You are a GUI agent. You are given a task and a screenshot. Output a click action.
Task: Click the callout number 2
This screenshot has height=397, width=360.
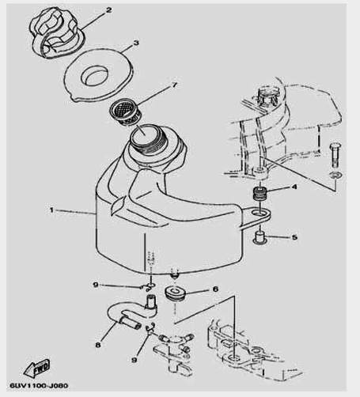click(109, 10)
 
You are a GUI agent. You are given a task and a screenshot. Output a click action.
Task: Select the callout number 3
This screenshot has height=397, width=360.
click(136, 43)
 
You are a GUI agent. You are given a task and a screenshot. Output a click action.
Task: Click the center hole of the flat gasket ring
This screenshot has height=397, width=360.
click(95, 74)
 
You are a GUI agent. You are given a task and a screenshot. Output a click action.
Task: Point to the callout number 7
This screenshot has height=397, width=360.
click(175, 85)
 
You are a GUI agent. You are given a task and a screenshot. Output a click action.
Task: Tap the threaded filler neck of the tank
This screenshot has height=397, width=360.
click(149, 139)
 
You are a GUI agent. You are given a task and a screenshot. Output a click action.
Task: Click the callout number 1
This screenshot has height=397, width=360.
click(52, 210)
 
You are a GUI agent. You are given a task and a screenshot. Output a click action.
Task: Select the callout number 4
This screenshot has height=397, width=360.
click(294, 187)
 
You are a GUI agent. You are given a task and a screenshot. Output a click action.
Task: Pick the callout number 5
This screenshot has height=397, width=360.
click(294, 237)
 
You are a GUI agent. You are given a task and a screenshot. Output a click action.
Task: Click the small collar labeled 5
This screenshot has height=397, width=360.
click(260, 237)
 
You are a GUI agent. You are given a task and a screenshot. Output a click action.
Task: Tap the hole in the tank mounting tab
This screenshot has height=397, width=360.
click(260, 213)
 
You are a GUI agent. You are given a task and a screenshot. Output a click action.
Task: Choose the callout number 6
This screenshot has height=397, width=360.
click(215, 289)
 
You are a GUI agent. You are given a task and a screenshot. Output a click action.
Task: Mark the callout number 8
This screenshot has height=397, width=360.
click(98, 345)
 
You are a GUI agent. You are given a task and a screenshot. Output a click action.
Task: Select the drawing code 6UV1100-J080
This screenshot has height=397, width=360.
click(39, 386)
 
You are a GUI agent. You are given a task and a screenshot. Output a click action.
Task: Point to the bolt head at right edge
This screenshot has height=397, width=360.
click(335, 146)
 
